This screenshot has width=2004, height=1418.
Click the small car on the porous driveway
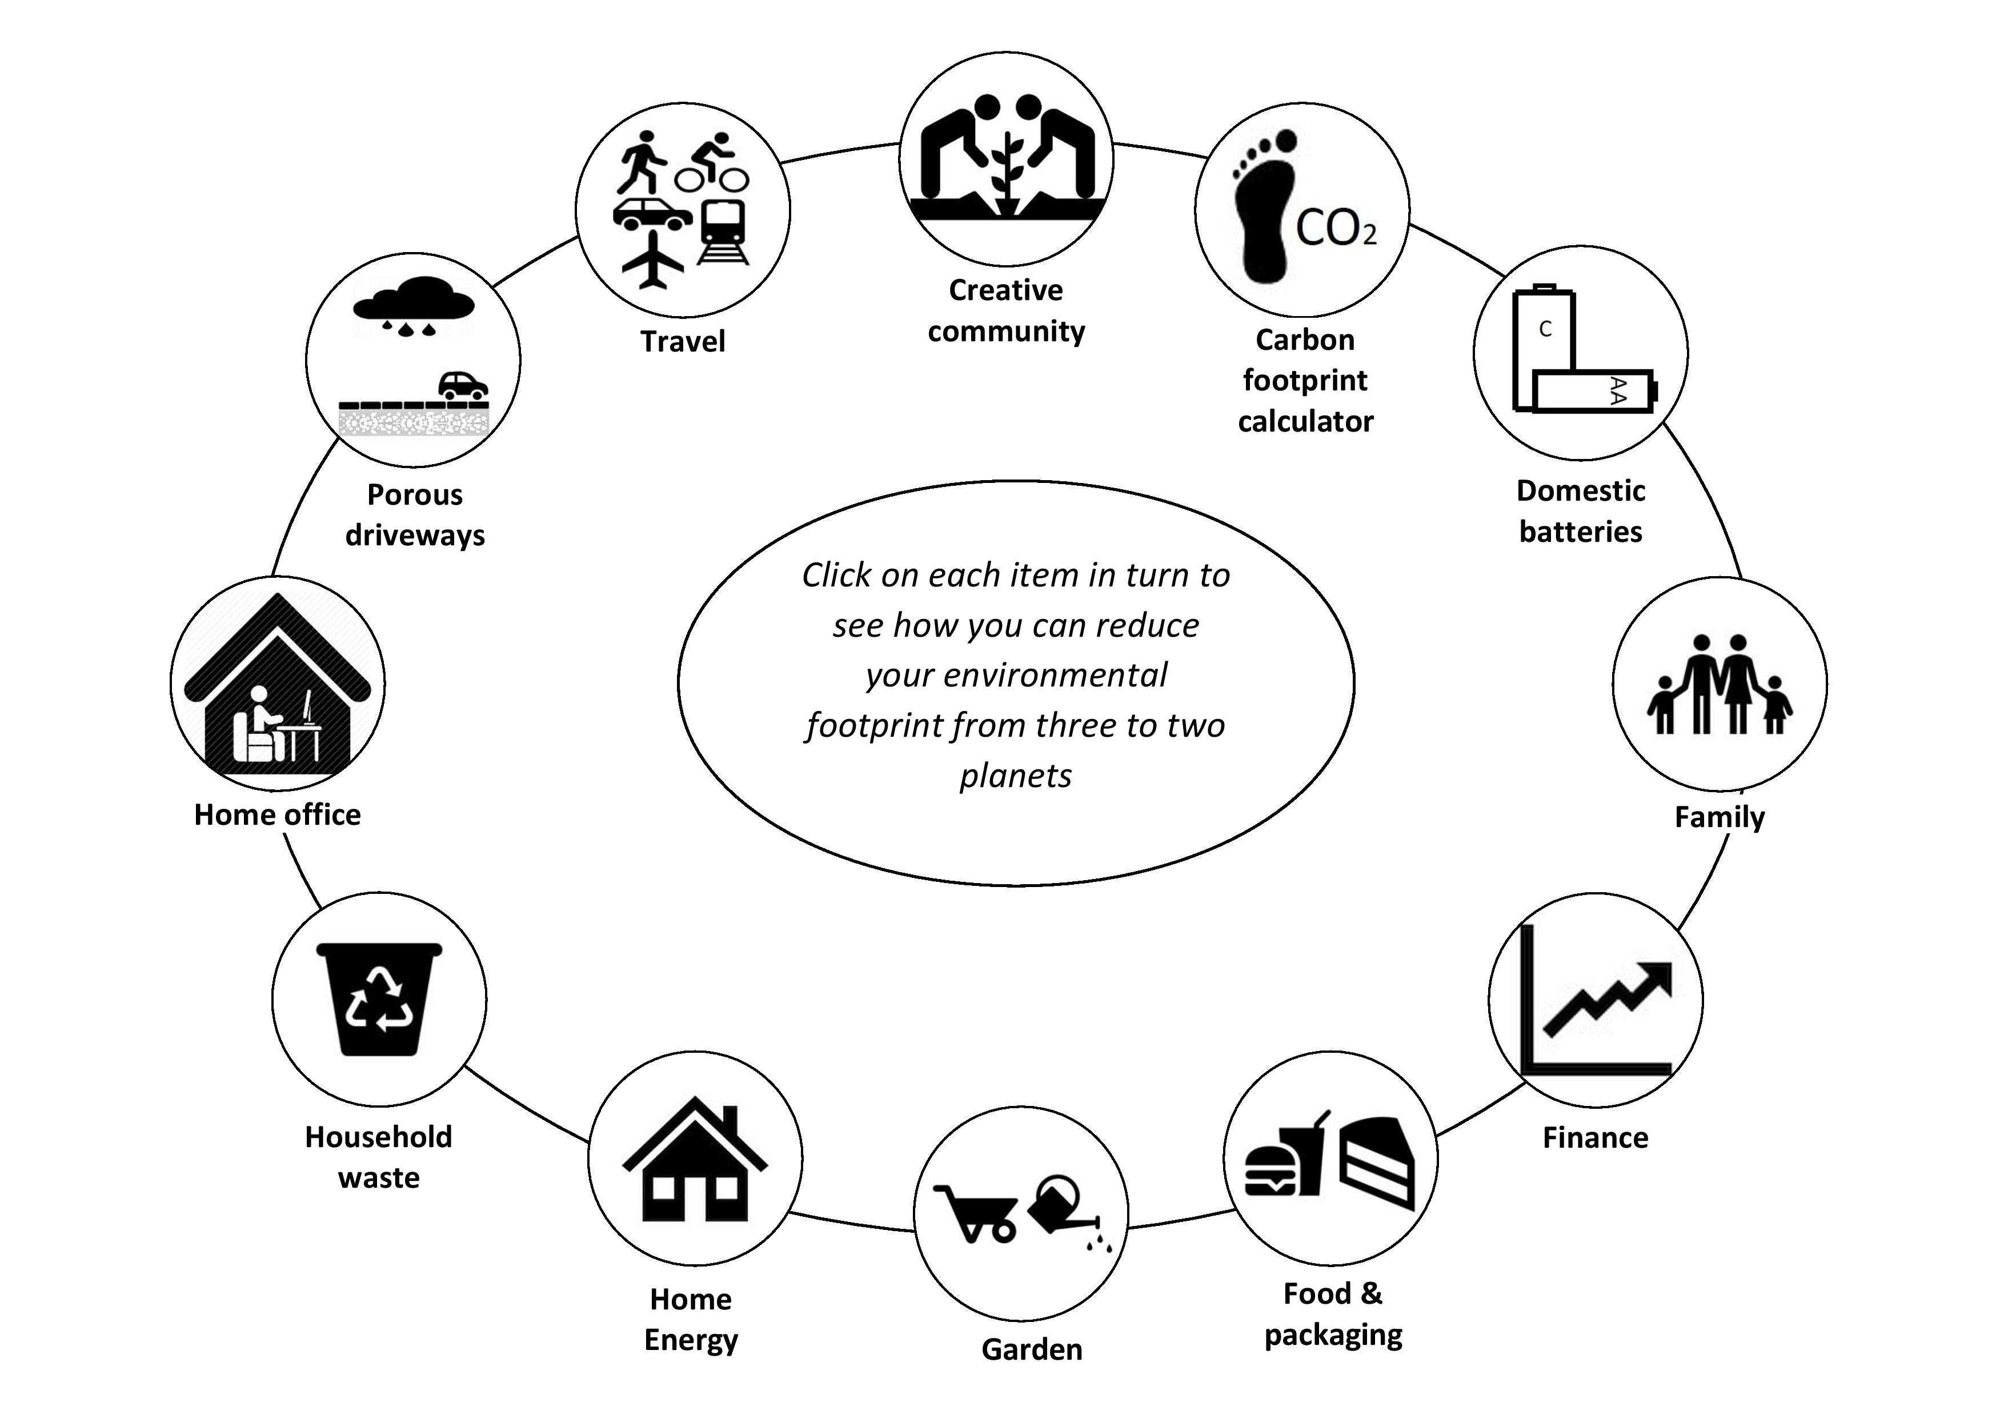click(x=463, y=385)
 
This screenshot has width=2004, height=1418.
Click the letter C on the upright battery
click(x=1545, y=329)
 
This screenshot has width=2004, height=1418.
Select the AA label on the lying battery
click(x=1617, y=390)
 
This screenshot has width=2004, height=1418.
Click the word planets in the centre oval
click(x=1016, y=776)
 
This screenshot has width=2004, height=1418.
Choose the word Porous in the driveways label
click(x=415, y=494)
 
